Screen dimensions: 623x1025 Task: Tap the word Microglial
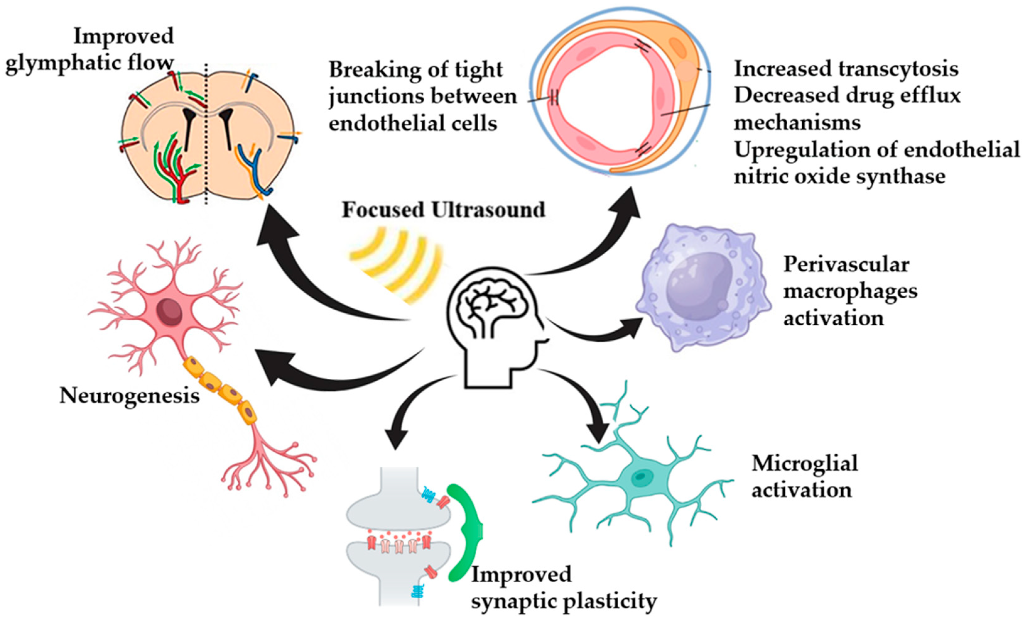[804, 463]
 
